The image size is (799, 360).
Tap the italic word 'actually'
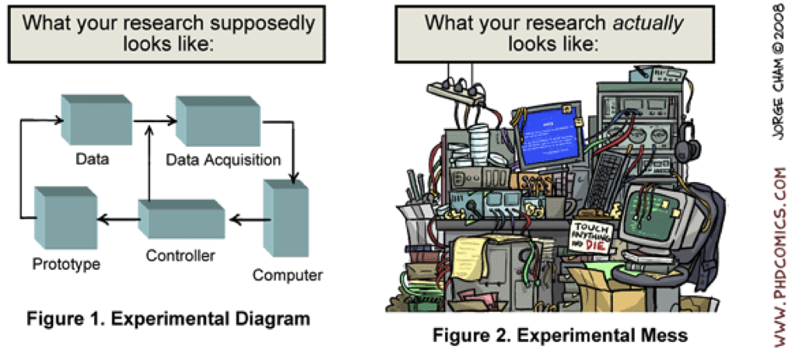pyautogui.click(x=647, y=22)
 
